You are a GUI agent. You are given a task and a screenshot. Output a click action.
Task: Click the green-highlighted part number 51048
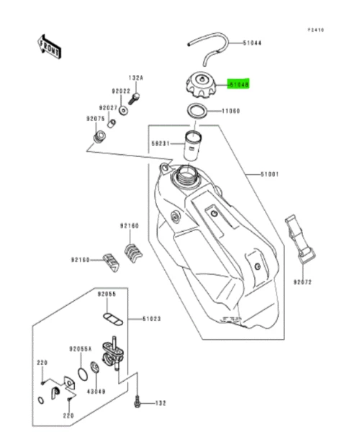pyautogui.click(x=238, y=84)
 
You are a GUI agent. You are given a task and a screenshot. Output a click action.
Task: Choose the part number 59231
pyautogui.click(x=161, y=143)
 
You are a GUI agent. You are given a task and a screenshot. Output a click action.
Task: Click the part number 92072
pyautogui.click(x=302, y=282)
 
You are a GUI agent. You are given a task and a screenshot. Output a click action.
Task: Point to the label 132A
pyautogui.click(x=136, y=77)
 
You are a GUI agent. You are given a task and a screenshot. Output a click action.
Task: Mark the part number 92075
pyautogui.click(x=96, y=118)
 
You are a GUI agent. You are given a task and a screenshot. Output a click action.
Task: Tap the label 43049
pyautogui.click(x=96, y=391)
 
